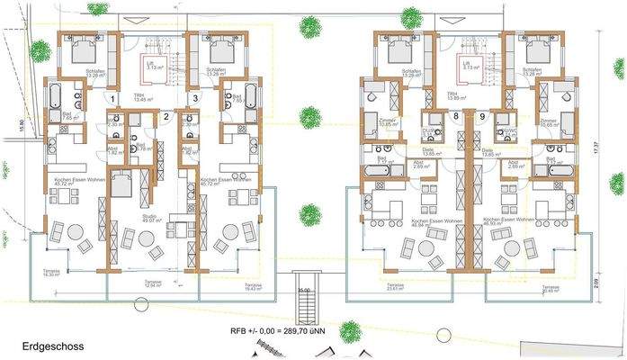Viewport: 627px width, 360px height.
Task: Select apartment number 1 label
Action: point(112,98)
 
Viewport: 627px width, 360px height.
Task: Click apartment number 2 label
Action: point(166,116)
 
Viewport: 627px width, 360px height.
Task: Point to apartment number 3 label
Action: point(195,98)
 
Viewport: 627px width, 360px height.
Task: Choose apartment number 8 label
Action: point(456,116)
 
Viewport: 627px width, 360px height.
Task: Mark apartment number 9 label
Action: point(482,116)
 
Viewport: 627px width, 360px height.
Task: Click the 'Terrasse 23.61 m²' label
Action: point(417,287)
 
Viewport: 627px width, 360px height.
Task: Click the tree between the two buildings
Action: point(310,214)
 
